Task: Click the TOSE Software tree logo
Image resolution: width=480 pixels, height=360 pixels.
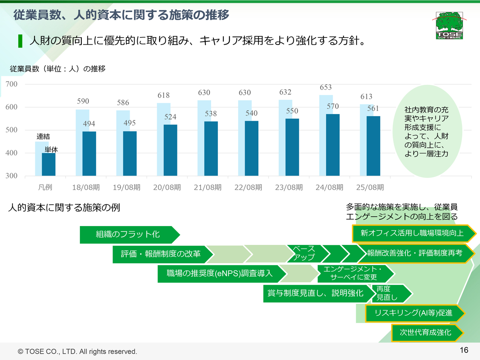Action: coord(449,25)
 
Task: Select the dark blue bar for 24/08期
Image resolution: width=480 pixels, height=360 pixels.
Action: coord(333,145)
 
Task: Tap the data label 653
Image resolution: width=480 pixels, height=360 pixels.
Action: coord(325,87)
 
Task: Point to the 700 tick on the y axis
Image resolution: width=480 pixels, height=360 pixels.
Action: coord(12,84)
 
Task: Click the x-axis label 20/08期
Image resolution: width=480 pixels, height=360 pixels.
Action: coord(167,187)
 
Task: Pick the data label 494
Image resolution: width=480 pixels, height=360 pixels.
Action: coord(89,124)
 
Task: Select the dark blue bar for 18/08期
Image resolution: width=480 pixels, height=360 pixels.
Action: coord(89,153)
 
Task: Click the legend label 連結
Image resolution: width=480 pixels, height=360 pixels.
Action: coord(43,136)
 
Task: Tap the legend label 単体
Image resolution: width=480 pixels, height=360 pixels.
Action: coord(51,150)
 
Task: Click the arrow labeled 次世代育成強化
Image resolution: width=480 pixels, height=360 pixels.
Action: coord(426,333)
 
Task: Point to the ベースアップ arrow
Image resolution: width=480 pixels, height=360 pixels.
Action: coord(304,253)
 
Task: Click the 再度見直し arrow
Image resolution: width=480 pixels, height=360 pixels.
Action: coord(390,293)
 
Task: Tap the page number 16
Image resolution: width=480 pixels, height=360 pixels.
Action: coord(464,350)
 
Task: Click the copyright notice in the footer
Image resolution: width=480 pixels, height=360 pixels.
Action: coord(78,352)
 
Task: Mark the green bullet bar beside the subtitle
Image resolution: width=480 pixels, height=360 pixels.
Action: coord(20,41)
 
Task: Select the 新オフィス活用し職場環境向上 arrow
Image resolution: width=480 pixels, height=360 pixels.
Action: coord(412,233)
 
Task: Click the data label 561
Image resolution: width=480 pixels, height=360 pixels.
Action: coord(373,109)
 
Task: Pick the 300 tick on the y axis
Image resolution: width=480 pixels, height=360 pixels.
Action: coord(12,176)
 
